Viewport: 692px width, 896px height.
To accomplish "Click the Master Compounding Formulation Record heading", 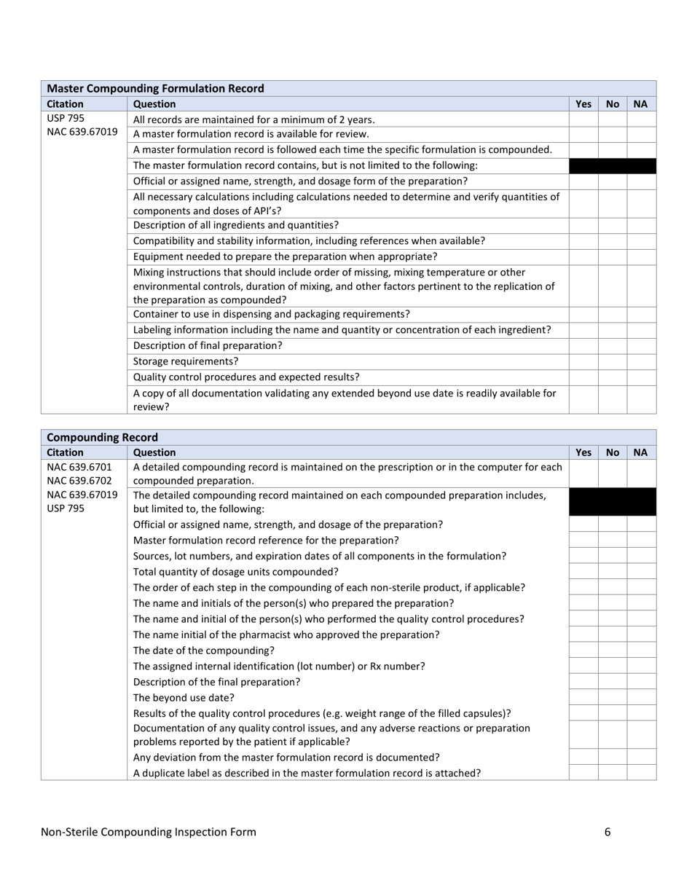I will click(155, 88).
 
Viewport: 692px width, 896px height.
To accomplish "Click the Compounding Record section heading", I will click(102, 437).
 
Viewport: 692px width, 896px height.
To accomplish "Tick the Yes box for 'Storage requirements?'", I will click(583, 361).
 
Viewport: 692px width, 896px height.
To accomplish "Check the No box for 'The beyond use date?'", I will click(612, 697).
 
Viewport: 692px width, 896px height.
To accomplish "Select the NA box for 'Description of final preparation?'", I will click(641, 346).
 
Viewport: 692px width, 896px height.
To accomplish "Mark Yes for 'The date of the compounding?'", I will click(583, 650).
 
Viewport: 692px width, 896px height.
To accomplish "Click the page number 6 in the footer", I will click(608, 832).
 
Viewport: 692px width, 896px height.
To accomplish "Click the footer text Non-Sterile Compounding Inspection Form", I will click(149, 832).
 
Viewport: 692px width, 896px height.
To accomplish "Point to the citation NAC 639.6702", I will click(79, 481).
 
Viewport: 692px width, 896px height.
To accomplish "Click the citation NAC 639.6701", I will click(79, 466).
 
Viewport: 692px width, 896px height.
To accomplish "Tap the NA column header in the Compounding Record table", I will click(640, 452).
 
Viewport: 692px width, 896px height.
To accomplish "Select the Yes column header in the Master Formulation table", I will click(583, 104).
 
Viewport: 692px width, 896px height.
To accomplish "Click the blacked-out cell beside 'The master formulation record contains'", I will click(612, 166).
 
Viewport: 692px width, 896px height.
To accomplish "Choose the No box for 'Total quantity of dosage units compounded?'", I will click(612, 571).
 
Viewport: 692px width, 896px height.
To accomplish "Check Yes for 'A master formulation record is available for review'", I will click(583, 134).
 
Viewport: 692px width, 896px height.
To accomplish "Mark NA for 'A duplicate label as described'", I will click(641, 772).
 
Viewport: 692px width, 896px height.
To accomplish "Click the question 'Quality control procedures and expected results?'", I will click(246, 377).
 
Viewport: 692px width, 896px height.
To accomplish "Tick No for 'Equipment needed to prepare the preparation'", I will click(612, 257).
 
